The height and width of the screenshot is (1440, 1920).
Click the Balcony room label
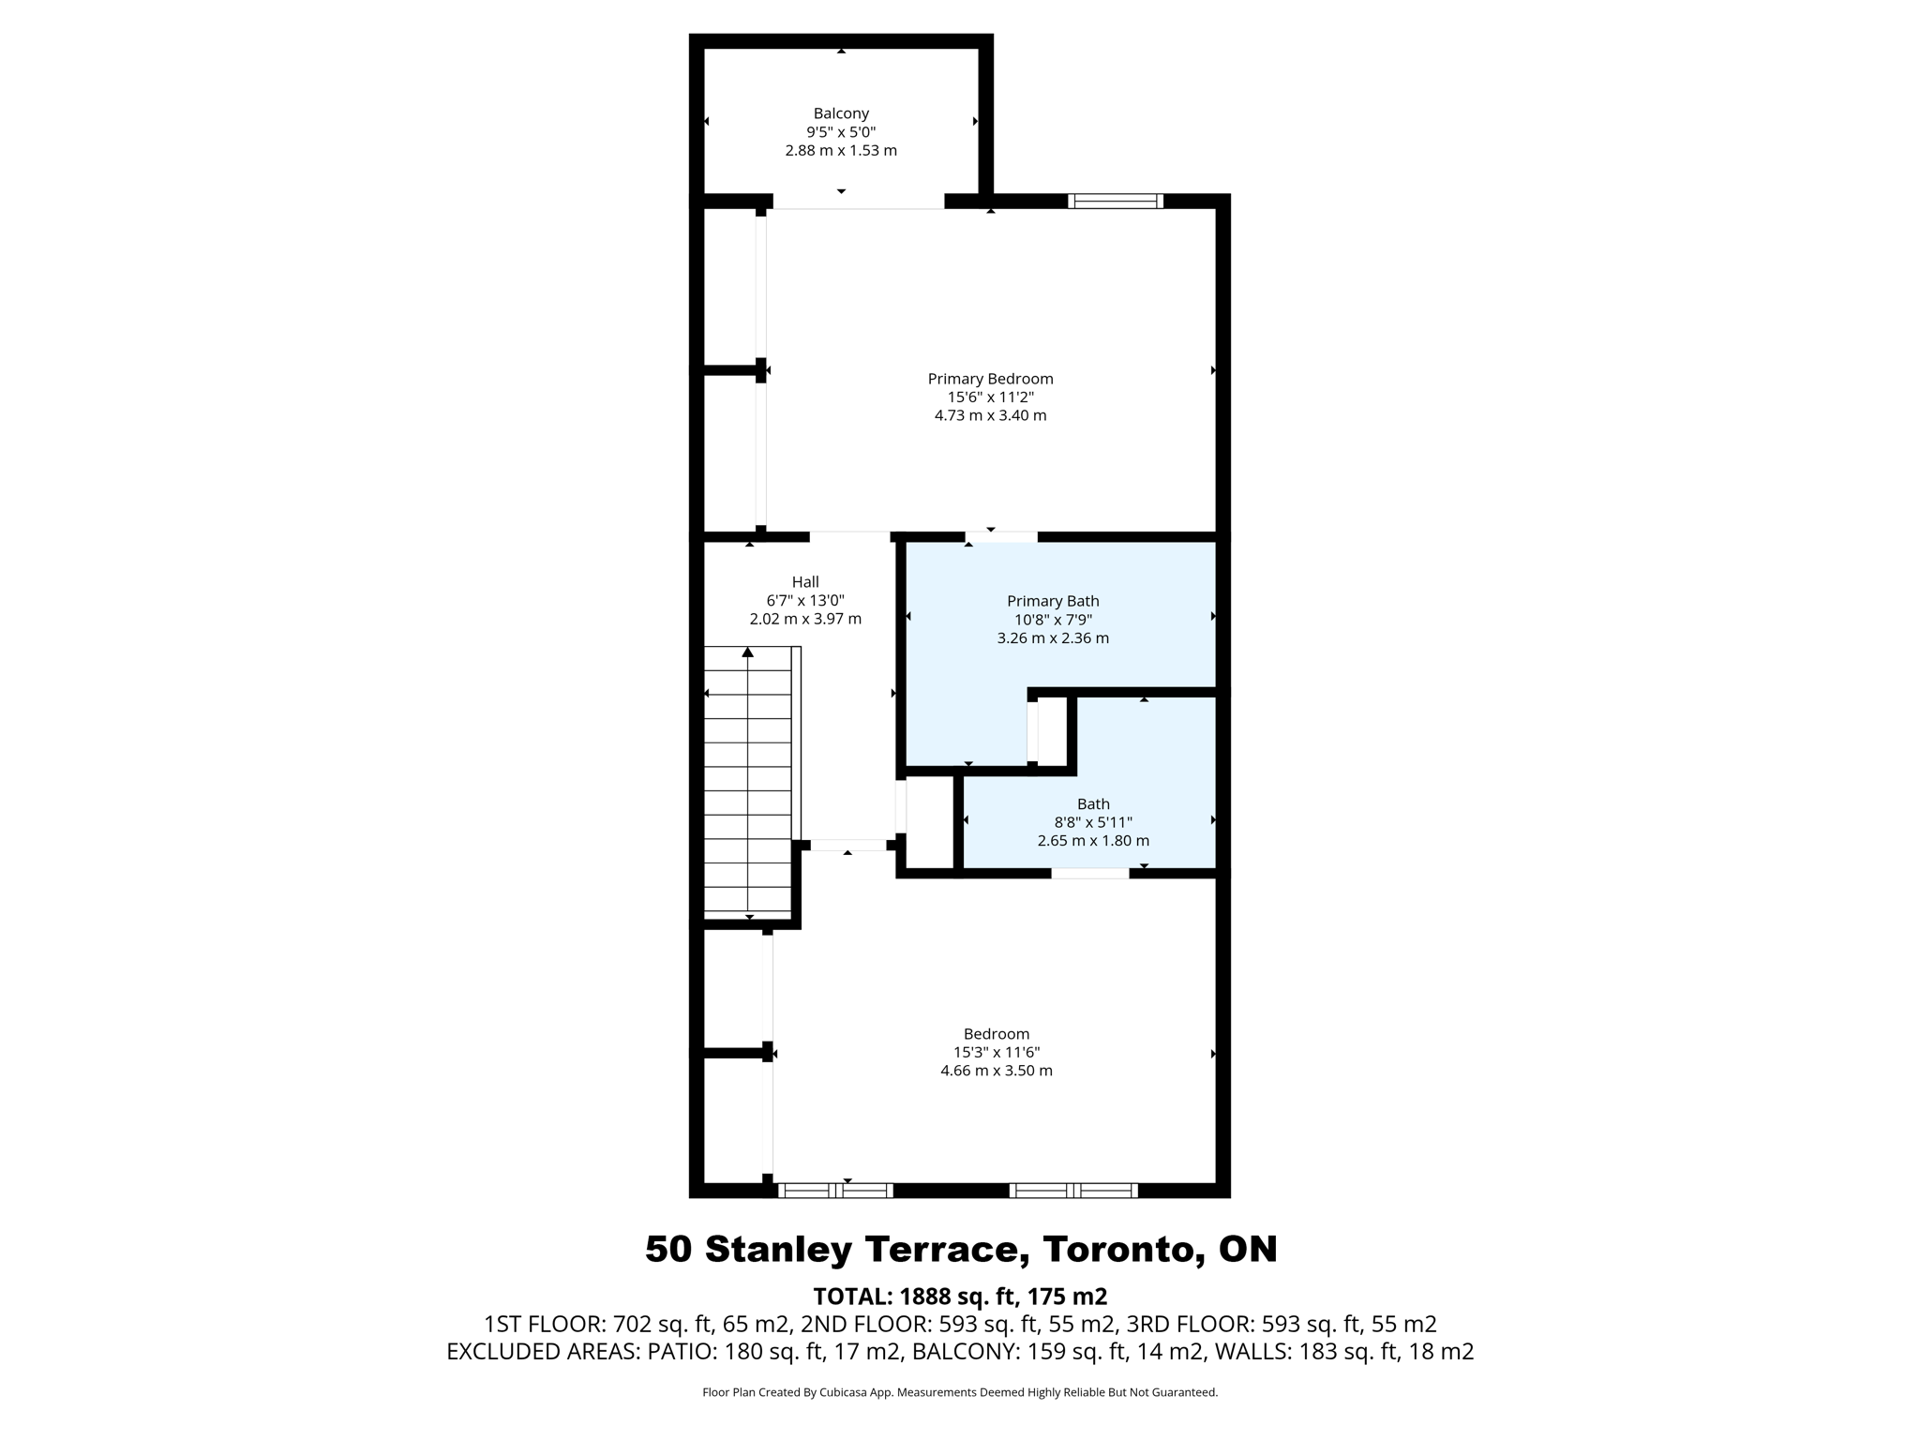tap(841, 113)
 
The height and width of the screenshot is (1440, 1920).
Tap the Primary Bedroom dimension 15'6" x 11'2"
tap(990, 397)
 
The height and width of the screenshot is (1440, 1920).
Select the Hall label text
tap(804, 582)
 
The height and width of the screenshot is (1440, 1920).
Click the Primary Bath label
tap(1053, 601)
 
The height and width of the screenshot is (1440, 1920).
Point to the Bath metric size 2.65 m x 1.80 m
tap(1093, 841)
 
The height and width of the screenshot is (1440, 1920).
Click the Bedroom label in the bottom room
tap(997, 1034)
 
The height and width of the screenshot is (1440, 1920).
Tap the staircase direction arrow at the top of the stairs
tap(748, 652)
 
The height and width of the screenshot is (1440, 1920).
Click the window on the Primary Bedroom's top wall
tap(1116, 201)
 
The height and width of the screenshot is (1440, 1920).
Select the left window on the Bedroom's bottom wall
tap(835, 1191)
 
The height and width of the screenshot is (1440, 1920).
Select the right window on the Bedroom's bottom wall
tap(1073, 1191)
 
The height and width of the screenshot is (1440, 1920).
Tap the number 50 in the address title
tap(669, 1250)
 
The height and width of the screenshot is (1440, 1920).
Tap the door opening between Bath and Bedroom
tap(1089, 873)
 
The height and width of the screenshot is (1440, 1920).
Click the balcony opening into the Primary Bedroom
tap(858, 202)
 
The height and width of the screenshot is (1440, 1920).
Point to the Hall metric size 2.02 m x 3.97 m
tap(805, 619)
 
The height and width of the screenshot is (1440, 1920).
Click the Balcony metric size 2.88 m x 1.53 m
tap(841, 150)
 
